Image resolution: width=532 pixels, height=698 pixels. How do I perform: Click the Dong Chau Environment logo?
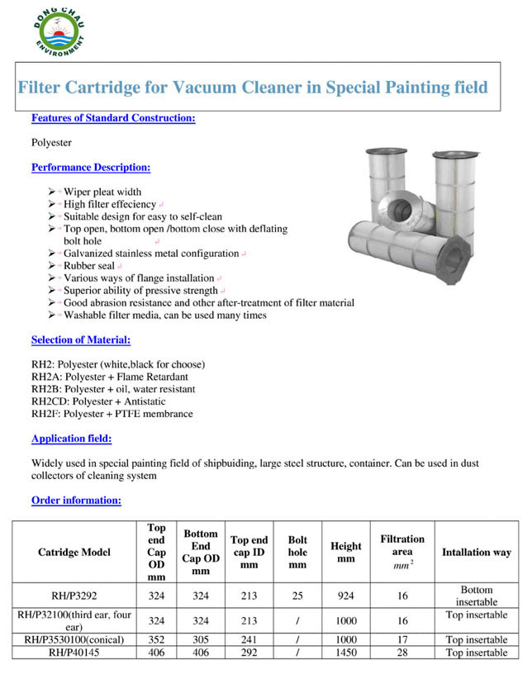[x=59, y=31]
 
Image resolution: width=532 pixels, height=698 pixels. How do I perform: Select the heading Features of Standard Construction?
[x=113, y=118]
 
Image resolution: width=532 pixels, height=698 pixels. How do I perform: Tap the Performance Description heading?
[x=91, y=168]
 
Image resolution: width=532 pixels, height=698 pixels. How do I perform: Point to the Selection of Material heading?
[x=81, y=340]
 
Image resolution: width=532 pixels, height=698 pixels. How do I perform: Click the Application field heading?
[x=71, y=439]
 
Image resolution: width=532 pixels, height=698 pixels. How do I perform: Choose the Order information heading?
[x=76, y=500]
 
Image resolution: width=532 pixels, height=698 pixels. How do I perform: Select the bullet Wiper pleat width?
[x=102, y=192]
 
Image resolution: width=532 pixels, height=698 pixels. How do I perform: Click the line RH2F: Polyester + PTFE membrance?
[x=112, y=414]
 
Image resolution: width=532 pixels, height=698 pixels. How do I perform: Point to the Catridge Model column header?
[x=74, y=552]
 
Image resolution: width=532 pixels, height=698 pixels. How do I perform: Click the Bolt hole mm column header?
[x=297, y=552]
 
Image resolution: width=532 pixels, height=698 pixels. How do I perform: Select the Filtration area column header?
[x=402, y=552]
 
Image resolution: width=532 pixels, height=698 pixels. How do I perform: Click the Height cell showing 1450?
[x=346, y=653]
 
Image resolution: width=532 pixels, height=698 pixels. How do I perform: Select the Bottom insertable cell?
[x=477, y=596]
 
